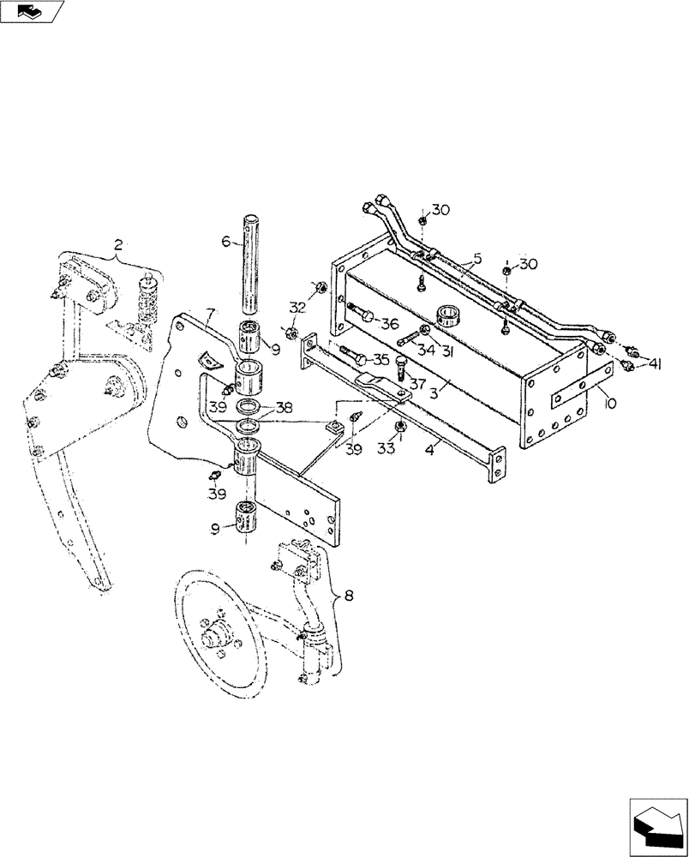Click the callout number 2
(119, 246)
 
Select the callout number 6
(226, 243)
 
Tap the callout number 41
(656, 363)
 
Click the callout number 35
(380, 359)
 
